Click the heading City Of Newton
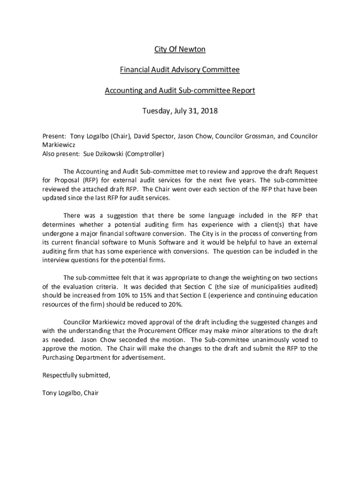[180, 49]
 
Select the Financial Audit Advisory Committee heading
[180, 70]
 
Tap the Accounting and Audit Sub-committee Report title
[180, 90]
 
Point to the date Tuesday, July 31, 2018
[180, 111]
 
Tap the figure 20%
[174, 305]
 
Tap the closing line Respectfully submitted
[77, 375]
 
